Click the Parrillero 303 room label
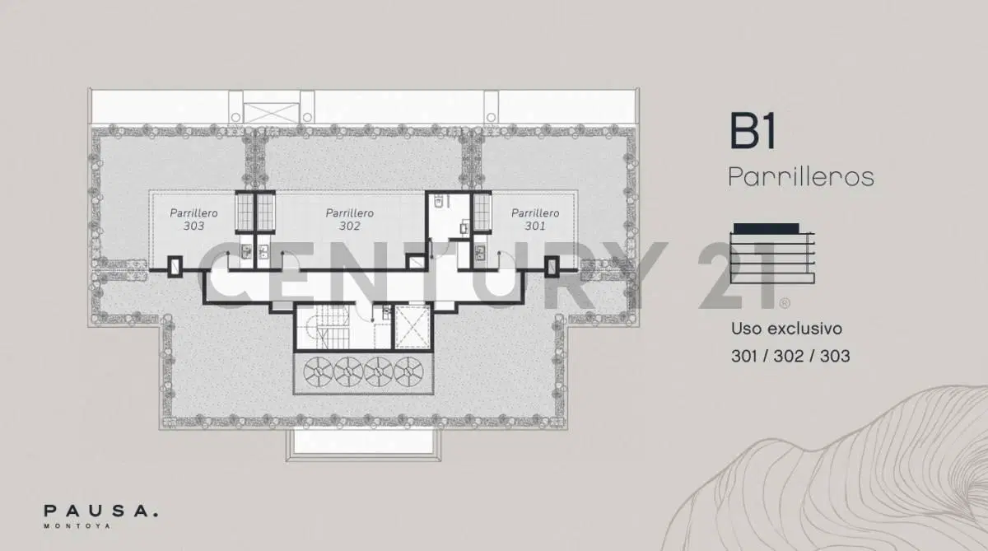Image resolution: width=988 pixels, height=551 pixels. pos(193,219)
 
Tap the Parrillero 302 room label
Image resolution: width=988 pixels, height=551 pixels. pos(350,219)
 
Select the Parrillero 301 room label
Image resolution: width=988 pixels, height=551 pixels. pos(535,219)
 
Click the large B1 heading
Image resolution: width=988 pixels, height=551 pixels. pos(753,131)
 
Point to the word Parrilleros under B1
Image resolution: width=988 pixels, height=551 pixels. pos(801,177)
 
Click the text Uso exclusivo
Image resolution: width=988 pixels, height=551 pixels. pos(787,329)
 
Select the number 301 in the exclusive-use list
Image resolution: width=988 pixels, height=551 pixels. pos(744,356)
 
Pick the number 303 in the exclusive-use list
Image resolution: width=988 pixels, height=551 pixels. pos(835,356)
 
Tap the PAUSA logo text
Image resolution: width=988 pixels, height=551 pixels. pos(100,511)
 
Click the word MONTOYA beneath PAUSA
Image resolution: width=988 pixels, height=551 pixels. pos(77,525)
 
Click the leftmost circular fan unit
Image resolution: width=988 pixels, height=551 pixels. pos(319,372)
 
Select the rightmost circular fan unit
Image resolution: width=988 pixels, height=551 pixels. pos(409,372)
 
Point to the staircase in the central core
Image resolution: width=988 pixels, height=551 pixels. pos(329,326)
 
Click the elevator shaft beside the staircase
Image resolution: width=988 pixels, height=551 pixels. pos(412,327)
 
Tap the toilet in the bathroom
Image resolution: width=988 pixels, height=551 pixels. pos(438,202)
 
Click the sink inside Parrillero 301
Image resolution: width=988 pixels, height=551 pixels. pos(480,252)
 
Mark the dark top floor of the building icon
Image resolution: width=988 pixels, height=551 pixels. pos(767,228)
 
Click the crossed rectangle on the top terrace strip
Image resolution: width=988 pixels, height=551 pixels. pos(271,113)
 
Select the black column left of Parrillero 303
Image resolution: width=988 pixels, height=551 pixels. pos(175,267)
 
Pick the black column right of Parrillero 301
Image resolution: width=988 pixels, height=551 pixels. pos(552,267)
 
